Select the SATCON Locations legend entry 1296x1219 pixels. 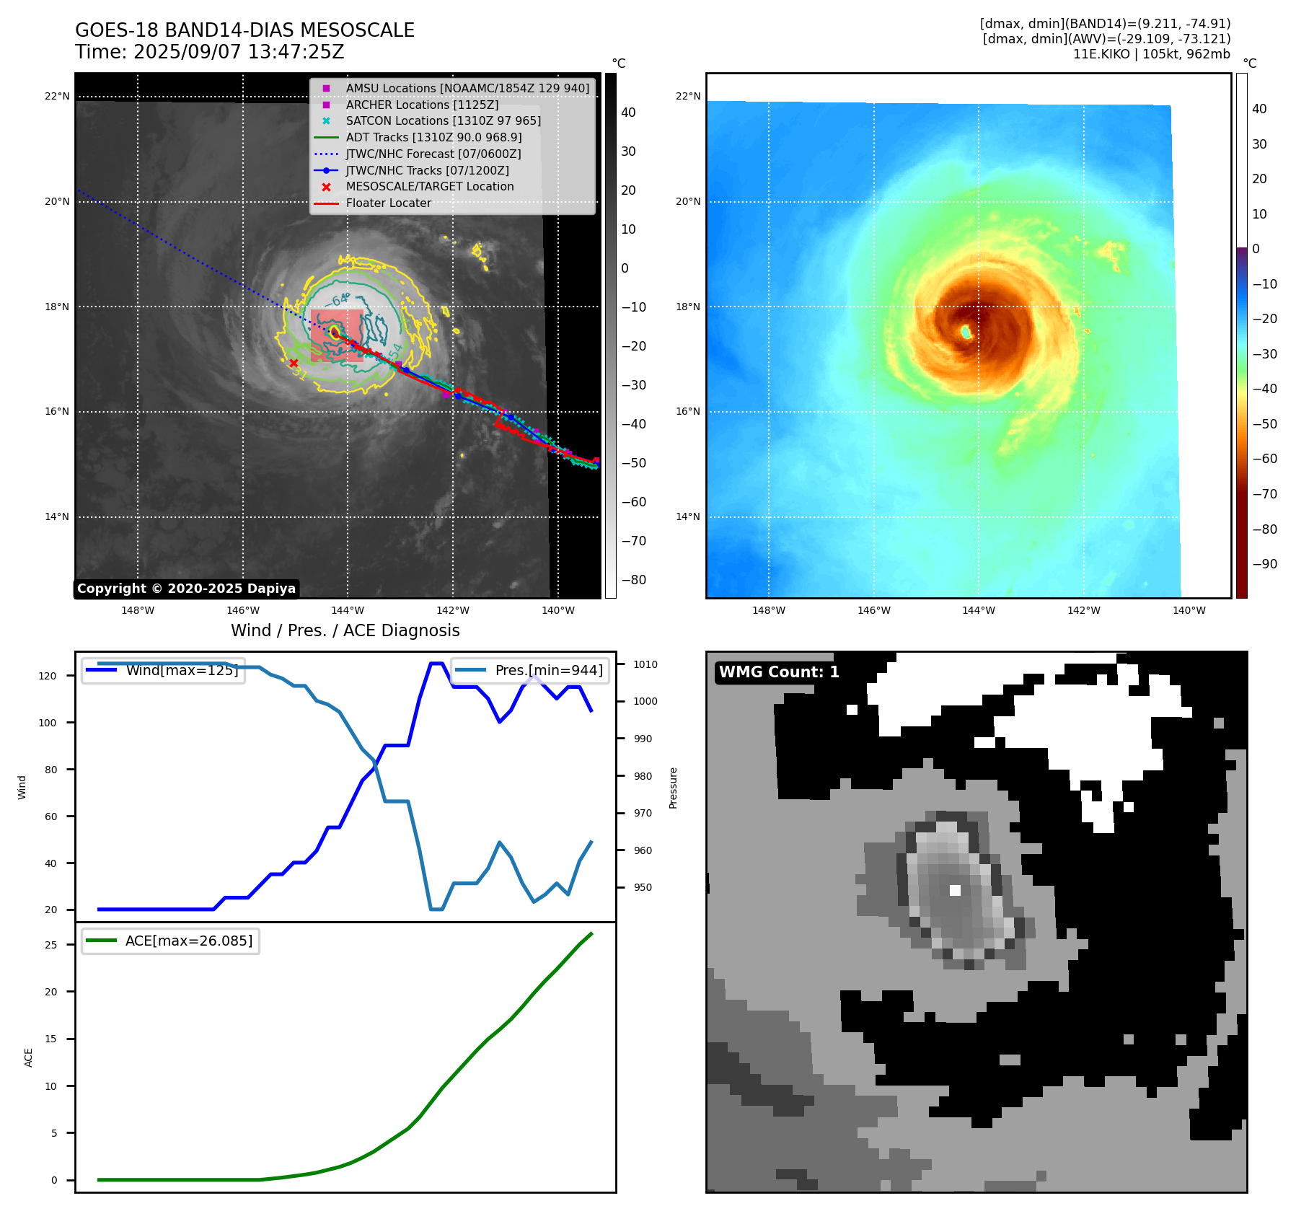(443, 121)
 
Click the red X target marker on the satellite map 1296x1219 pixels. (294, 363)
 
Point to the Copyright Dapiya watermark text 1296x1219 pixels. (186, 589)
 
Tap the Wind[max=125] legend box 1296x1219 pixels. (164, 670)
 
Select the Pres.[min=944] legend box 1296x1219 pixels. (531, 670)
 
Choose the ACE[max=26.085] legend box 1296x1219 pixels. (171, 941)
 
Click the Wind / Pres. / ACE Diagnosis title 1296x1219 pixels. (345, 630)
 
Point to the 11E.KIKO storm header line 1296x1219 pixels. (1151, 54)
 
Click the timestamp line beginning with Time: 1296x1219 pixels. (209, 53)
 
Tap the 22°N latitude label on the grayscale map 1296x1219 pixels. (57, 97)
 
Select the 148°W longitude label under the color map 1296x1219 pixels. (768, 610)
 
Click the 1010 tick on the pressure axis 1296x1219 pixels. (645, 664)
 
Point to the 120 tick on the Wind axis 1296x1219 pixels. (48, 676)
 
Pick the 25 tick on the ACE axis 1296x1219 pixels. (51, 945)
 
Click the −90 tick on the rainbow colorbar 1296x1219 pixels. (1264, 564)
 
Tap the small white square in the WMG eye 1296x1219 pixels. (955, 890)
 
